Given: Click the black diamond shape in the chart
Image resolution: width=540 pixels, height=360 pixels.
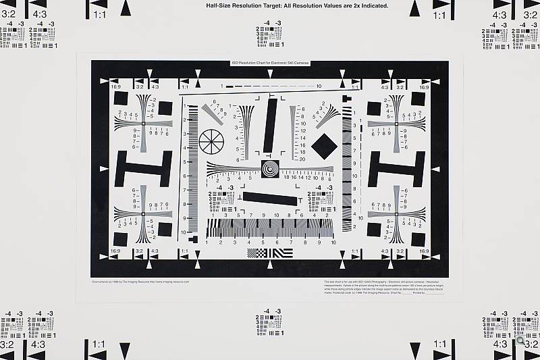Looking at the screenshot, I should click(324, 147).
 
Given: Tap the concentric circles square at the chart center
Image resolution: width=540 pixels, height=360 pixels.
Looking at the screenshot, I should click(269, 169).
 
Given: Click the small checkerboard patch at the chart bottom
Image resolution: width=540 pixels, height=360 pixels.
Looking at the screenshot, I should click(257, 253).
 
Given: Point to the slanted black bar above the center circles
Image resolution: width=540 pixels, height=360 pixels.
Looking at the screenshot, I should click(271, 126).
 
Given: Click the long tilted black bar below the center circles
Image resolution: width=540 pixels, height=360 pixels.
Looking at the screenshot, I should click(270, 199).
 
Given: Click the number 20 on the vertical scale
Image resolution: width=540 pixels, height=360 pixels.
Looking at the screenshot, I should click(302, 159).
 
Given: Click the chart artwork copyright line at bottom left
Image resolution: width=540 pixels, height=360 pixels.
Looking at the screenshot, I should click(140, 281).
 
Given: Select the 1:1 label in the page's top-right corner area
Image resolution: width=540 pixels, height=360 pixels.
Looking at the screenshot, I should click(439, 14).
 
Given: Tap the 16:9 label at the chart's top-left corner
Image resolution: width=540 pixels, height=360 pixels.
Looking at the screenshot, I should click(115, 87).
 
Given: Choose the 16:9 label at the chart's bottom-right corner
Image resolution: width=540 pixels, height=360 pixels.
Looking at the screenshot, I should click(424, 251).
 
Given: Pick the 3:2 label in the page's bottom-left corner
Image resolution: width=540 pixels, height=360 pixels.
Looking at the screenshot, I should click(7, 344).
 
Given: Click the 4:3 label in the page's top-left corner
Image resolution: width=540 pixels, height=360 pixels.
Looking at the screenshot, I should click(39, 14).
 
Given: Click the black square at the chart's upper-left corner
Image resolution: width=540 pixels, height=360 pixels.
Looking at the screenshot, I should click(121, 99).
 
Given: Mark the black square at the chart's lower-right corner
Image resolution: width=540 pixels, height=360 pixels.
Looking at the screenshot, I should click(418, 239).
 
